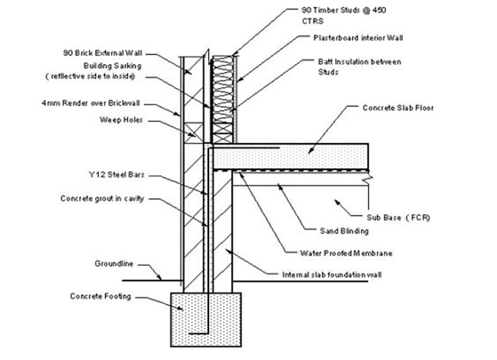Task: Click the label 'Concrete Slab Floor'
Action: (x=398, y=108)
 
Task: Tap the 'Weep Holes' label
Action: (x=121, y=120)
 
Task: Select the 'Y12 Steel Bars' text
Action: (x=117, y=175)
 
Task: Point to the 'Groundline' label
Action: (x=114, y=264)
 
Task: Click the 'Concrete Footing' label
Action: (x=100, y=296)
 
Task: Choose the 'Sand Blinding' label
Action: (x=344, y=231)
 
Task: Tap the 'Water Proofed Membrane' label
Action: (x=346, y=253)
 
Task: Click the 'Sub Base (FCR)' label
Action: (x=398, y=218)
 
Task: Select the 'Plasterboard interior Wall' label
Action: (x=358, y=38)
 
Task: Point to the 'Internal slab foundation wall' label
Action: (x=332, y=275)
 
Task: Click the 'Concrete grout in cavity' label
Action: (x=102, y=199)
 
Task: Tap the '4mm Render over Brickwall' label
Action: (x=91, y=103)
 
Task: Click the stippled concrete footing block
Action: (x=206, y=319)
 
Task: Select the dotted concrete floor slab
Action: (x=291, y=157)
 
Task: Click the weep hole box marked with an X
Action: (x=194, y=133)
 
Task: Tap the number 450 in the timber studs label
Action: (x=379, y=10)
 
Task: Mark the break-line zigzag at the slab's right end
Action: (x=368, y=180)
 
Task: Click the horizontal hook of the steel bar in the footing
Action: (x=198, y=334)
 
